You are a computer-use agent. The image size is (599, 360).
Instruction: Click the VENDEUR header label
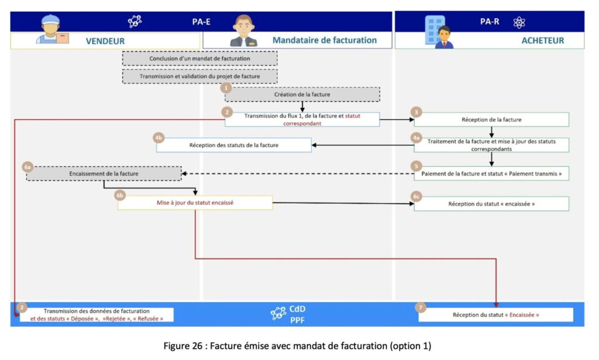coord(105,41)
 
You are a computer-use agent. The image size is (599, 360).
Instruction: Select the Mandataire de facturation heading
coord(324,40)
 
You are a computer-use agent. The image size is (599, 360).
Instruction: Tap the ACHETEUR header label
coord(542,40)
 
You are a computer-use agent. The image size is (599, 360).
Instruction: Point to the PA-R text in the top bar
coord(489,22)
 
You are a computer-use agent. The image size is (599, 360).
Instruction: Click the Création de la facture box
coord(302,94)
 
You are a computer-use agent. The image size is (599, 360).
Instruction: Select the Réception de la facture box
coord(491,119)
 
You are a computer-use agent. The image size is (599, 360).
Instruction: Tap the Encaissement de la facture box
coord(104,174)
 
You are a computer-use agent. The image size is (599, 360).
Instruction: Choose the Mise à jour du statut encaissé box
coord(195,203)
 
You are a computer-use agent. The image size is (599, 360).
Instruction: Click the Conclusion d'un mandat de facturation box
coord(199,59)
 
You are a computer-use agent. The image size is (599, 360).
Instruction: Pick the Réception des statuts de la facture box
coord(233,145)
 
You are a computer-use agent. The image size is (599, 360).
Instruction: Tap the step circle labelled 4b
coord(158,138)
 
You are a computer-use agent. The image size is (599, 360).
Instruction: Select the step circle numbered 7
coord(420,307)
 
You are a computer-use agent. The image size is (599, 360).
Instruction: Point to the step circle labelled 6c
coord(416,197)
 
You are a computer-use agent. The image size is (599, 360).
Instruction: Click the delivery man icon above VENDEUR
coord(52,29)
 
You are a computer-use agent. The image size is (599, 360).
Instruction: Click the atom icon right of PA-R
coord(519,22)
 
